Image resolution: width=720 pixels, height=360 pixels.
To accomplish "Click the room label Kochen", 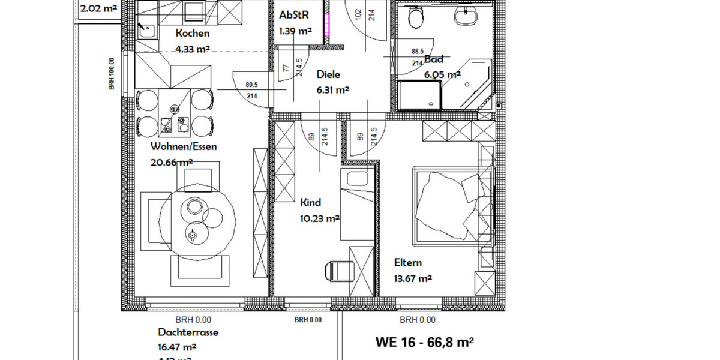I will pos(193,34).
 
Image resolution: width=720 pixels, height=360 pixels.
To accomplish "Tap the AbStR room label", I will pos(293,15).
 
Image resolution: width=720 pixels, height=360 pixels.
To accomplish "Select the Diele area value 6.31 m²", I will pos(332,90).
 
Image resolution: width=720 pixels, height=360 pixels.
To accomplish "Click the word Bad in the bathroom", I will pos(434,59).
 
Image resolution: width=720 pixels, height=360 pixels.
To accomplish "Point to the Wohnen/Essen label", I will pos(184,146).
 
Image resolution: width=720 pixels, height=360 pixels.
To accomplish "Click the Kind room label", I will pos(311,203).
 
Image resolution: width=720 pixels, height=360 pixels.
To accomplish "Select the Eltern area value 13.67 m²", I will pos(413,278).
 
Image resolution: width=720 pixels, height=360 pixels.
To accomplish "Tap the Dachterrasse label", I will pos(188,332).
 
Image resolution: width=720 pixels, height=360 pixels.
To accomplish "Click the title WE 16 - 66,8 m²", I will pos(425,343).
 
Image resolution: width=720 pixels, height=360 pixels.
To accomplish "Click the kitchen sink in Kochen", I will pos(146,28).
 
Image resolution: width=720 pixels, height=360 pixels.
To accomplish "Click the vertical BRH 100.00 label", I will pos(112,74).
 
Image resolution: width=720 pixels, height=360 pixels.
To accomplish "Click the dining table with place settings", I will pos(174,114).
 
